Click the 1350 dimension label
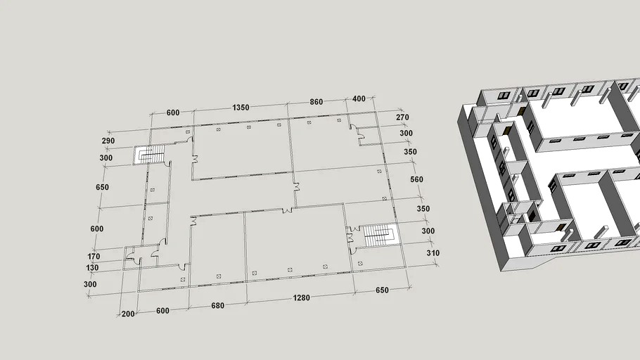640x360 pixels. point(241,108)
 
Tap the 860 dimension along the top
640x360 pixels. point(316,102)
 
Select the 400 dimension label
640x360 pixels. point(359,98)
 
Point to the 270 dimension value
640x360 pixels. point(402,117)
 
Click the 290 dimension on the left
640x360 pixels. point(108,141)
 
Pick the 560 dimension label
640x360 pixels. point(416,179)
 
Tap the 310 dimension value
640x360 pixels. point(433,253)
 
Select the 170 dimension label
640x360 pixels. point(94,257)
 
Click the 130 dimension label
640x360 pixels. point(92,268)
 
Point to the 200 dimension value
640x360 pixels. point(128,314)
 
